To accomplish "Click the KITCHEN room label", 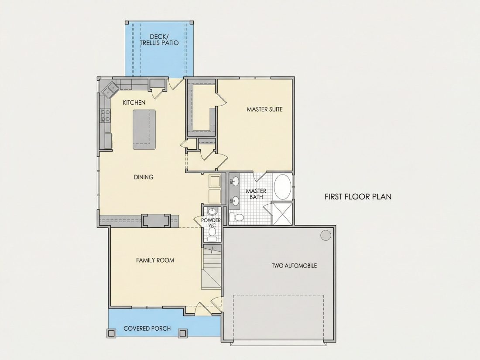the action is (134, 103).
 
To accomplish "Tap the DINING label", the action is (144, 177).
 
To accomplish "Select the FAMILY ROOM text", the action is (155, 260).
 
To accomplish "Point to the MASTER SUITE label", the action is (264, 109).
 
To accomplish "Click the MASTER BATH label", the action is (256, 194).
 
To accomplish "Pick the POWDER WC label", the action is (211, 223).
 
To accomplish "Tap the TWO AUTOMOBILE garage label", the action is (294, 266).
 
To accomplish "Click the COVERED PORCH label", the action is (147, 329).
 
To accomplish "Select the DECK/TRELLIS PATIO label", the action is (159, 40).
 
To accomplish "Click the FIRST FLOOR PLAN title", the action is (358, 196).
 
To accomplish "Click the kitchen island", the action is (144, 130).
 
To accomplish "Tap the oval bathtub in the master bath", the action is (283, 187).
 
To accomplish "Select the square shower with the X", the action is (282, 213).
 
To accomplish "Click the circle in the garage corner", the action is (326, 235).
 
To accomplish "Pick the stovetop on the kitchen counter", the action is (105, 116).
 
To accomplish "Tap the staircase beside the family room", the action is (211, 267).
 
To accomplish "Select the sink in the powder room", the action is (212, 211).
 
